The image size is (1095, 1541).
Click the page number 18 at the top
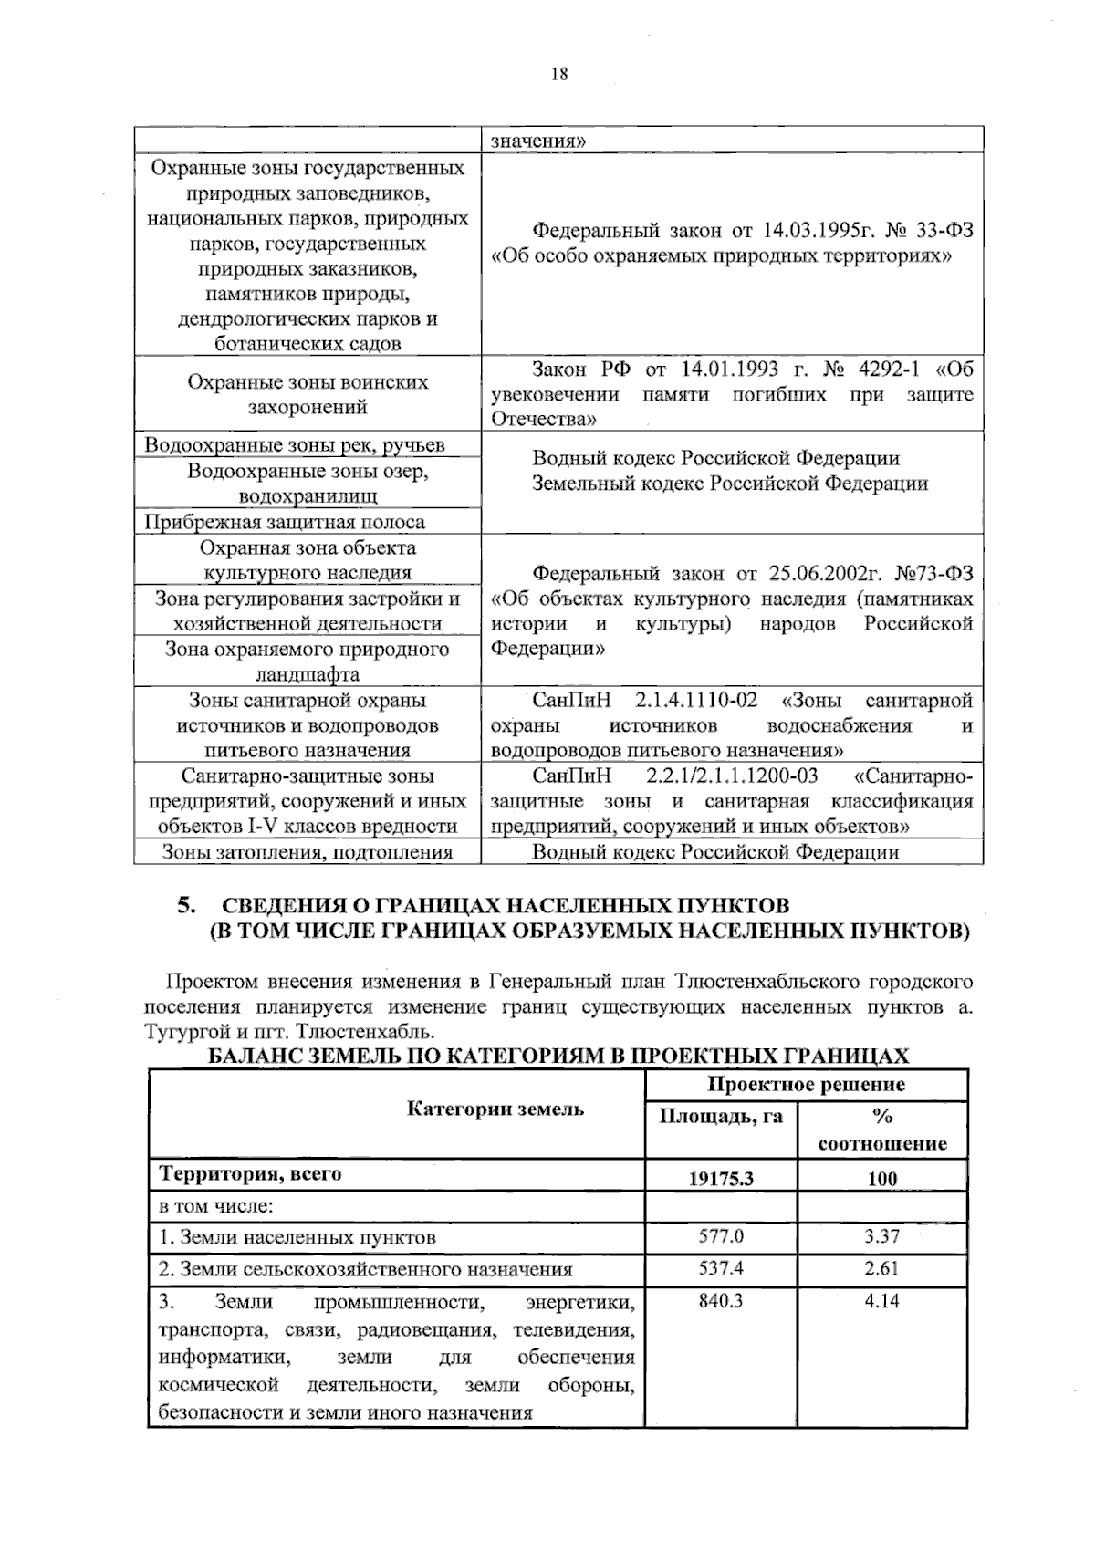[x=559, y=75]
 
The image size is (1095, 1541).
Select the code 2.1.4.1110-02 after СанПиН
[x=697, y=701]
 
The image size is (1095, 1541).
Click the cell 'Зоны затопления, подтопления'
[x=308, y=852]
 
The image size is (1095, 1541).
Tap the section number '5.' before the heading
[x=187, y=906]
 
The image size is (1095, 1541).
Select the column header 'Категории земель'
[x=495, y=1109]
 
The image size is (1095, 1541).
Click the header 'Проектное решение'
[x=806, y=1084]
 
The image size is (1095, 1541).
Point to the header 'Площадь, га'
[x=721, y=1116]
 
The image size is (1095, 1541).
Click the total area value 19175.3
[x=721, y=1178]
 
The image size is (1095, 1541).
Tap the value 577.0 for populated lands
[x=721, y=1236]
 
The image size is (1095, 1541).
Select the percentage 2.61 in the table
[x=881, y=1268]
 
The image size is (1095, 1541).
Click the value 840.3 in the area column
[x=721, y=1301]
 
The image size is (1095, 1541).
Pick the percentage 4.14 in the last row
[x=881, y=1301]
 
